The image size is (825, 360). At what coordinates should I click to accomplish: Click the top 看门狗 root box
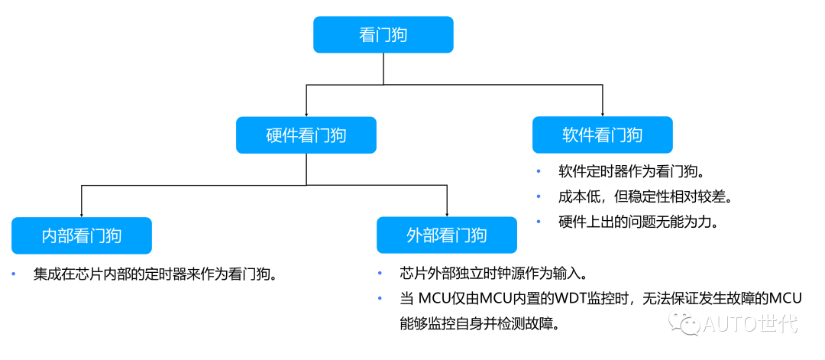[383, 35]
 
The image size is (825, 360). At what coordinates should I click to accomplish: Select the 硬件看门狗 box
[306, 135]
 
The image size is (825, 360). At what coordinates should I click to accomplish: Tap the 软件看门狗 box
[602, 135]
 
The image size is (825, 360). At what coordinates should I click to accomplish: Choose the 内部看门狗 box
[81, 235]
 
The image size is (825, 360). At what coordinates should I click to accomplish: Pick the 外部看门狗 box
[446, 235]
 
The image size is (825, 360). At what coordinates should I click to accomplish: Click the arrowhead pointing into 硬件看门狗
[306, 112]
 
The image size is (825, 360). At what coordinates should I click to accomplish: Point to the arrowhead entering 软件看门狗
[602, 112]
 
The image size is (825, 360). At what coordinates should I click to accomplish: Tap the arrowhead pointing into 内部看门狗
[81, 212]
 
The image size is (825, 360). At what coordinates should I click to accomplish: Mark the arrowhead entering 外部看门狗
[446, 212]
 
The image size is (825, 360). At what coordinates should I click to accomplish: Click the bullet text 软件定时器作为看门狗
[631, 172]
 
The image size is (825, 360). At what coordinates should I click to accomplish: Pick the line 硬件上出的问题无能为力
[638, 222]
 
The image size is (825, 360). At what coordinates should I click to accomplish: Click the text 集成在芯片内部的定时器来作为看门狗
[154, 274]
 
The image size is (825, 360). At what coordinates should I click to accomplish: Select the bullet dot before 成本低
[539, 197]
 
